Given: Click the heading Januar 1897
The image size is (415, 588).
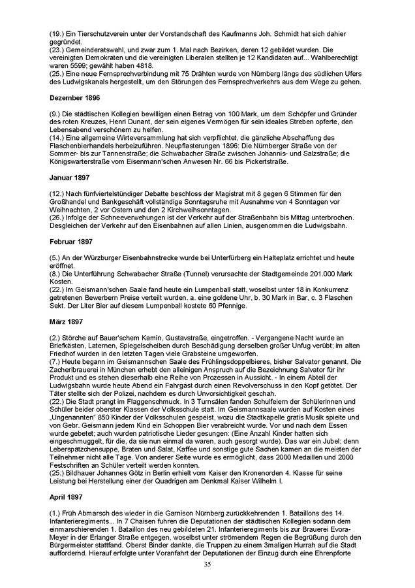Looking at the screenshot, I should click(x=69, y=177).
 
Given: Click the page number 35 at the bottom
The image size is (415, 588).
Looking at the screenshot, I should click(x=207, y=563).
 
